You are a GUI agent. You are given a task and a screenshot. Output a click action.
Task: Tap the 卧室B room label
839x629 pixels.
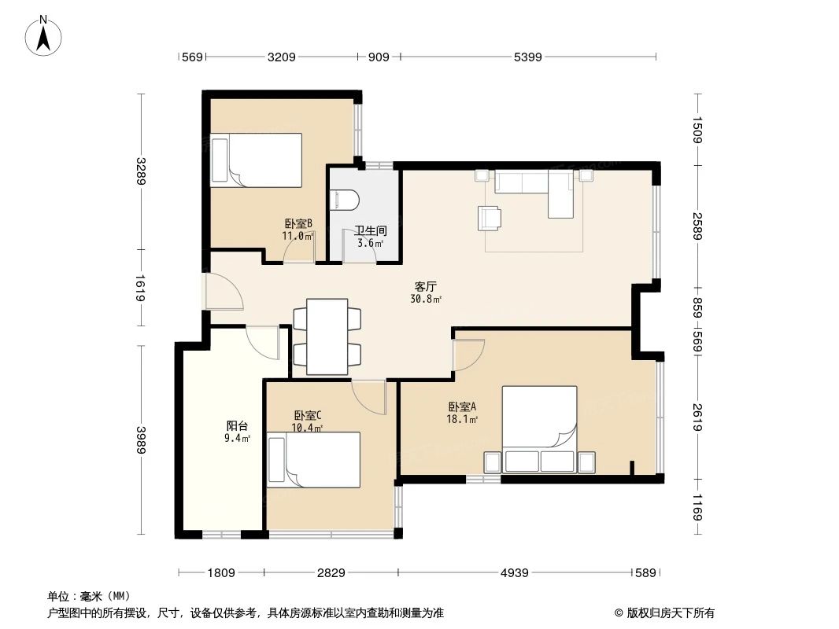[x=299, y=223]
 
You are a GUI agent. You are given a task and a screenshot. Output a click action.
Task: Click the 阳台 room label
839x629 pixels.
[x=237, y=426]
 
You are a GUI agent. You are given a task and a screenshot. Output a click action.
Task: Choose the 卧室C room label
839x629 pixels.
[x=307, y=415]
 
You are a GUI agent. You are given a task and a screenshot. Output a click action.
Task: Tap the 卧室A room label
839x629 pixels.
[x=462, y=407]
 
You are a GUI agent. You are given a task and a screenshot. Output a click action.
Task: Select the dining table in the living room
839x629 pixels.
[x=327, y=336]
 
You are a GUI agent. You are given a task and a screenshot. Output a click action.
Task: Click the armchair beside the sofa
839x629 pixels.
[x=488, y=218]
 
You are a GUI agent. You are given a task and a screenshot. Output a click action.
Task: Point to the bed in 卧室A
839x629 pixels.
[x=540, y=429]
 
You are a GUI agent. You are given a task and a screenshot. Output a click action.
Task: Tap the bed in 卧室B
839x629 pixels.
[x=257, y=160]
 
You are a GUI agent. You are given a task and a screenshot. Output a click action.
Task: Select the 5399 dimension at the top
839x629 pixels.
[x=527, y=57]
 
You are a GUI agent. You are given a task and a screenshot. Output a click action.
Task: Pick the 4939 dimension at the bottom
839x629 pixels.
[x=515, y=573]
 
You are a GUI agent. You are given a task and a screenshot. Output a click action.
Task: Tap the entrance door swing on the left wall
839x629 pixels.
[x=223, y=291]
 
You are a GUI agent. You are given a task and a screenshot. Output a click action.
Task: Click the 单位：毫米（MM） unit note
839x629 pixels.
[x=88, y=597]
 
